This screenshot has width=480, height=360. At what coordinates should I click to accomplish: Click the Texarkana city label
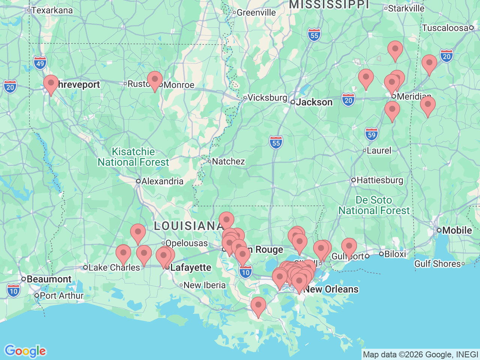click(x=52, y=10)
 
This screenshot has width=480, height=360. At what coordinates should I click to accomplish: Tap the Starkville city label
click(x=406, y=8)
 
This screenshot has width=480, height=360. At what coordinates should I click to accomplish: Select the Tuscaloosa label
click(x=445, y=28)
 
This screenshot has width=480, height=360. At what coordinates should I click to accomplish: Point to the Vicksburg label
click(x=267, y=97)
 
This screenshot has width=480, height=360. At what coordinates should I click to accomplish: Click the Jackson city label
click(x=314, y=102)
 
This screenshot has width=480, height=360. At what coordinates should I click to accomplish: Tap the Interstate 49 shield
click(x=40, y=63)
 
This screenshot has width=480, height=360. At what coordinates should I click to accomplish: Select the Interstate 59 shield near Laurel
click(x=371, y=135)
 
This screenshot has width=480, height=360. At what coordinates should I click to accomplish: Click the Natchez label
click(x=228, y=161)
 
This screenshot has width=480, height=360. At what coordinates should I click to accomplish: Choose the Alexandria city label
click(x=162, y=181)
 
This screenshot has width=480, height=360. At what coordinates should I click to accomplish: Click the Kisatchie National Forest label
click(x=133, y=157)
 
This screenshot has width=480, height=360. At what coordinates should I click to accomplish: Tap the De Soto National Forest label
click(x=374, y=205)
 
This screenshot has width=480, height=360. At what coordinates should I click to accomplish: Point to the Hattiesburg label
click(x=379, y=180)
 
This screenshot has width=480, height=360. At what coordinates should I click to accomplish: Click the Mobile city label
click(x=457, y=230)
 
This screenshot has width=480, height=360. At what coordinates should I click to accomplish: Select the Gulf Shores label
click(x=437, y=264)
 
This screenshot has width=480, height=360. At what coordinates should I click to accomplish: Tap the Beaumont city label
click(x=49, y=279)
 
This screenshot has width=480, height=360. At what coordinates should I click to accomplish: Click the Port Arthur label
click(x=61, y=295)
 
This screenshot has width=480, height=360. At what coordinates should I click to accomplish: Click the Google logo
click(x=25, y=351)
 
